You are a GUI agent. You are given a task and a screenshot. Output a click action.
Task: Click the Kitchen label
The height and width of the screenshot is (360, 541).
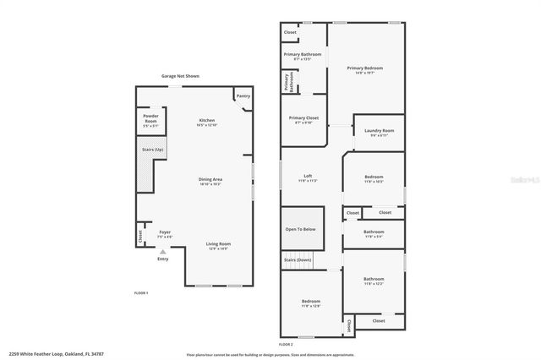click(207, 121)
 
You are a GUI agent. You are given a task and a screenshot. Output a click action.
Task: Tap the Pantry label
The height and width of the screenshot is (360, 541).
click(243, 96)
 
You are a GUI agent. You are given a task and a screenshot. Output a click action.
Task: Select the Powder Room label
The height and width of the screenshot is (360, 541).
click(151, 116)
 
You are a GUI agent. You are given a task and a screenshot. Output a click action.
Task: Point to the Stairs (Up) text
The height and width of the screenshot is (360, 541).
click(153, 150)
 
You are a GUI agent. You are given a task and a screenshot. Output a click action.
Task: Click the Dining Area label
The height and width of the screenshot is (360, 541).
click(210, 179)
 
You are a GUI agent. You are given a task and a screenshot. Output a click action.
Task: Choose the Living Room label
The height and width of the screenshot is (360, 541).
click(219, 244)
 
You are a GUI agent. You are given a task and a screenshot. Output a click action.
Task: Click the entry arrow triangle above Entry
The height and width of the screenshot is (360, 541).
click(163, 251)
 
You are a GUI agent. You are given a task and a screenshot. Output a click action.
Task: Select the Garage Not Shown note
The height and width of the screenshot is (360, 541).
click(180, 76)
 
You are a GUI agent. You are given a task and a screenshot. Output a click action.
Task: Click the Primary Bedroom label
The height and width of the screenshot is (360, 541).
click(364, 68)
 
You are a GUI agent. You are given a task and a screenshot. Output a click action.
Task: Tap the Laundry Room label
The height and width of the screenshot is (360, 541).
click(379, 131)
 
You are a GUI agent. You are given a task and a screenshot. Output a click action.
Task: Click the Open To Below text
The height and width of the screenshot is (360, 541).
click(300, 229)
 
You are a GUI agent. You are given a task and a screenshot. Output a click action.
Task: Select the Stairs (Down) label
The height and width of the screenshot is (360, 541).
click(298, 259)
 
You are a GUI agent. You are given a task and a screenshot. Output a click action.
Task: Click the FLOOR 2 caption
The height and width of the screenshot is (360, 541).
click(285, 344)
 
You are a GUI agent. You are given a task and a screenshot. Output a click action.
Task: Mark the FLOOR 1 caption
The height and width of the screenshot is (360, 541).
click(141, 292)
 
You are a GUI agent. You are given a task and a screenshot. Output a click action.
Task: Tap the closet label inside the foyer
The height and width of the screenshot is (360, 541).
click(140, 237)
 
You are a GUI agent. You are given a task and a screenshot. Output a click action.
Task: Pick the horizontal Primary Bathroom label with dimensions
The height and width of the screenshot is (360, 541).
click(302, 54)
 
